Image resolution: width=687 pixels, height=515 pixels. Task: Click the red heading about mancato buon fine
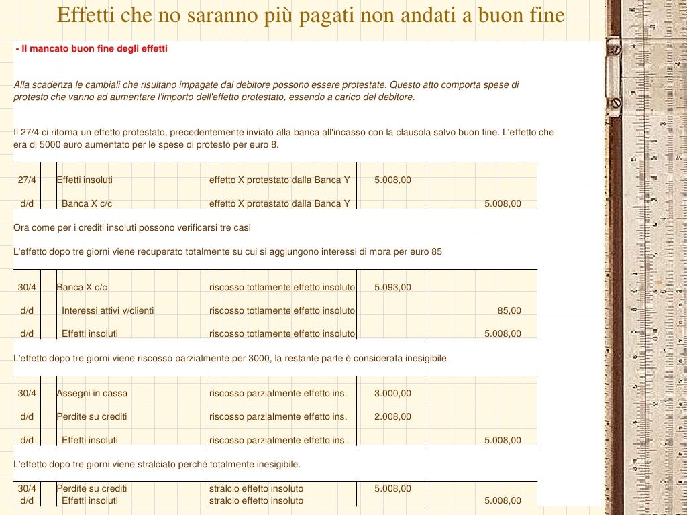[x=91, y=49]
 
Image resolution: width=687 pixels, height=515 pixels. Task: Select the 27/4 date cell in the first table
[x=27, y=180]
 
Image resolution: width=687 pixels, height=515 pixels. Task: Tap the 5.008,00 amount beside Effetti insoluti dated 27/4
[x=392, y=180]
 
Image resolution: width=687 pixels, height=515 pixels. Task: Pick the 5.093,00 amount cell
[x=392, y=287]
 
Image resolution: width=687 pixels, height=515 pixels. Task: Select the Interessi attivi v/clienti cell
[x=107, y=310]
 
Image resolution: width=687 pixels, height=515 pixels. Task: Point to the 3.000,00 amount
[x=392, y=393]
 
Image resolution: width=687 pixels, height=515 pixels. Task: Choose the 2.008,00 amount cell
[x=392, y=416]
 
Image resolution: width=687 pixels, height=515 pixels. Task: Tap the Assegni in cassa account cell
[x=92, y=393]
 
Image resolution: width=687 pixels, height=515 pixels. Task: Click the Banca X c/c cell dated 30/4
[x=82, y=287]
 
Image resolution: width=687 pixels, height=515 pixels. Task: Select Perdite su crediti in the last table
[x=92, y=488]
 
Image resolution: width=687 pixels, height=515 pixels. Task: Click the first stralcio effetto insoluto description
[x=256, y=488]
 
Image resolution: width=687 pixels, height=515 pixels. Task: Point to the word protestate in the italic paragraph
[x=362, y=85]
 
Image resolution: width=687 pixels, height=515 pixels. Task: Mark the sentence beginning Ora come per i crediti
[x=132, y=227]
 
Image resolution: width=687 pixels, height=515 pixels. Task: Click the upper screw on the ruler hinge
[x=615, y=48]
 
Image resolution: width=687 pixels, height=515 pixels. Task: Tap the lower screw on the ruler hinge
[x=615, y=103]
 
